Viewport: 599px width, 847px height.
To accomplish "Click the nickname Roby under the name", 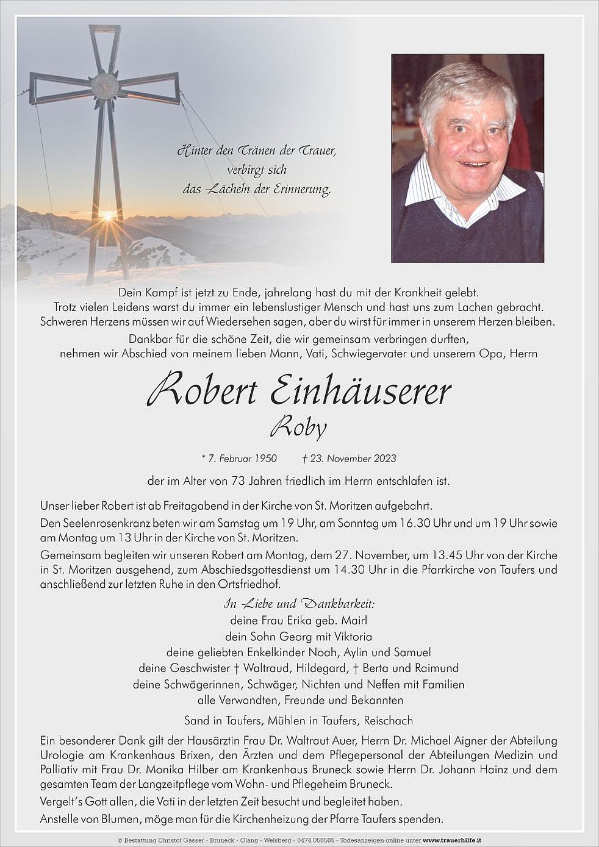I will [298, 427].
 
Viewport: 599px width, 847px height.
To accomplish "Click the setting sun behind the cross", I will [108, 215].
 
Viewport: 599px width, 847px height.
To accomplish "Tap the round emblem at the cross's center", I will [104, 85].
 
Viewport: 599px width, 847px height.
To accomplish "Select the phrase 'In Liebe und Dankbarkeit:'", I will [299, 604].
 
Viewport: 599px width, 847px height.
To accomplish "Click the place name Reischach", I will [388, 720].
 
